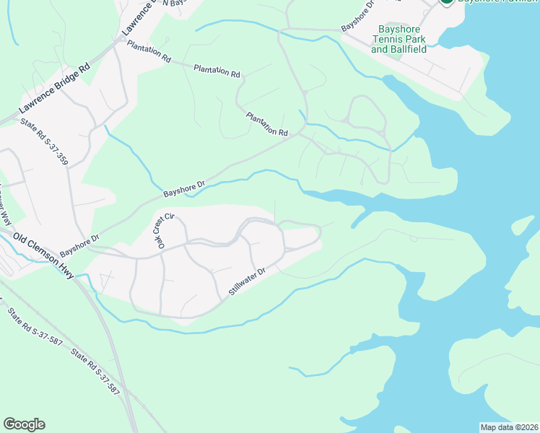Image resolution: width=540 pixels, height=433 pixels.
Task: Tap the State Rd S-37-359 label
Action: (x=44, y=141)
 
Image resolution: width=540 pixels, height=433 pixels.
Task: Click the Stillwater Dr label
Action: (x=248, y=281)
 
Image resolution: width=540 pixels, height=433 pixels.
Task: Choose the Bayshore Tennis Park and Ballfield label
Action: (x=398, y=39)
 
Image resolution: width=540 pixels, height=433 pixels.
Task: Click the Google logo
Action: (x=24, y=424)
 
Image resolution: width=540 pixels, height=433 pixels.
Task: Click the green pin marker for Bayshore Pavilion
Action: (x=447, y=2)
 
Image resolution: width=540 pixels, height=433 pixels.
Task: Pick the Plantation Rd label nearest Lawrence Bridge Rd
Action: (x=149, y=51)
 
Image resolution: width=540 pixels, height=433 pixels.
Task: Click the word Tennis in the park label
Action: (x=398, y=39)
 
